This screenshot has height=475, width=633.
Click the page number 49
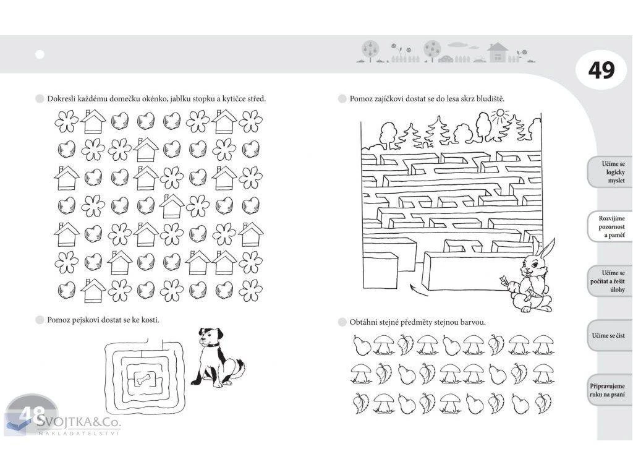point(601,71)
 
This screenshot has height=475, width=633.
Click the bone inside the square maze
point(143,379)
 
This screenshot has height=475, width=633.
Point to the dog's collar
point(211,345)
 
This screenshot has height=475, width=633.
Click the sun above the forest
point(500,116)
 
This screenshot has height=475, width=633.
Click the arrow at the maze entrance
point(418,289)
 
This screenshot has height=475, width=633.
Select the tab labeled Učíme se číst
point(609,336)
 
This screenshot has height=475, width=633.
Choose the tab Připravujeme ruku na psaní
point(608,390)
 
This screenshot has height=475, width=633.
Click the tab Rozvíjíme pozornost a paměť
point(610,226)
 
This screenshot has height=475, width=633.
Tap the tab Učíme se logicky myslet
point(610,172)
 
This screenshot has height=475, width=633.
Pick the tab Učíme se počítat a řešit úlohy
point(609,281)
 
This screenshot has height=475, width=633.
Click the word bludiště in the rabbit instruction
point(490,98)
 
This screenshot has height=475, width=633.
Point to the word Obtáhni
point(363,322)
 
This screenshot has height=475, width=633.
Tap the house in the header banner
point(498,52)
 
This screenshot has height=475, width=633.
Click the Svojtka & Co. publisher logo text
point(79,422)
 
